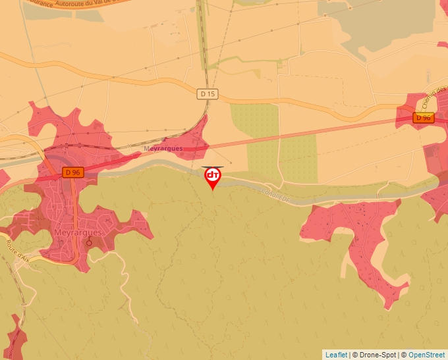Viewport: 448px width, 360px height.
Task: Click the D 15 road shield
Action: (208, 94)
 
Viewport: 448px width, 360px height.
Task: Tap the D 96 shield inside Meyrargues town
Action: (72, 172)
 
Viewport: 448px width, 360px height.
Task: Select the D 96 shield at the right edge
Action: (424, 118)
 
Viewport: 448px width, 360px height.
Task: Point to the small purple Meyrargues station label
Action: (163, 149)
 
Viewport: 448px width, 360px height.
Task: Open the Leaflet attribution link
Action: (336, 355)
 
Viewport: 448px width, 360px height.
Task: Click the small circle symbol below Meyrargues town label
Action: (89, 242)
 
